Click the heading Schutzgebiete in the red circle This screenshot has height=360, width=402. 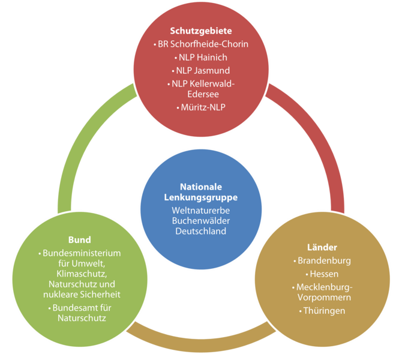click(x=200, y=31)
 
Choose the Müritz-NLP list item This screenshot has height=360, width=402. click(x=203, y=107)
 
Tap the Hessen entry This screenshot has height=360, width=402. click(x=324, y=274)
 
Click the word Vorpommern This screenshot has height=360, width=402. click(x=323, y=297)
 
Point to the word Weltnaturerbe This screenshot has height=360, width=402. click(x=200, y=211)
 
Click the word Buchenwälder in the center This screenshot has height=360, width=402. click(x=200, y=221)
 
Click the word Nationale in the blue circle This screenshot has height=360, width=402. click(x=200, y=187)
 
